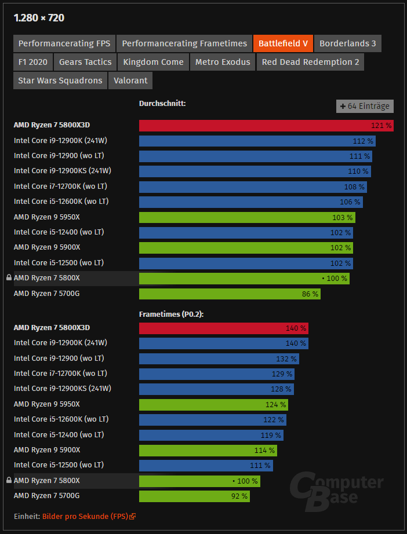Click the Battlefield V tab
point(283,43)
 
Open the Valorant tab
point(130,81)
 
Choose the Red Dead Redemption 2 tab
point(310,62)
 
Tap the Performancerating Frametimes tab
point(184,43)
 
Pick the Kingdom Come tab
point(153,62)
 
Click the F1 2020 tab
point(33,62)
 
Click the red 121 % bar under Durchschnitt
point(266,126)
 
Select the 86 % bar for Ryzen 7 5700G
point(230,294)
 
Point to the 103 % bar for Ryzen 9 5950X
point(247,217)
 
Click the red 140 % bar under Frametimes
point(223,328)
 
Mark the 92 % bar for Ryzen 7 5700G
point(194,496)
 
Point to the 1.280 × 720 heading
point(39,18)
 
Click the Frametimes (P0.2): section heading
point(171,314)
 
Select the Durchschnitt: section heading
point(162,104)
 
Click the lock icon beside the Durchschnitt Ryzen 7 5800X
point(9,278)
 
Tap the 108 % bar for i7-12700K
point(253,186)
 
